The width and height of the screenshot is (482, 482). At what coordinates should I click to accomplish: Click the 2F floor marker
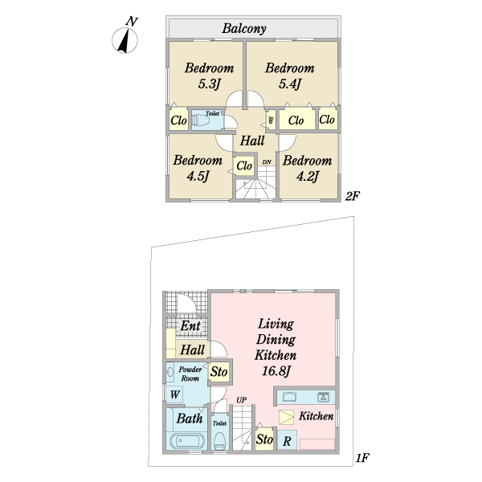click(351, 195)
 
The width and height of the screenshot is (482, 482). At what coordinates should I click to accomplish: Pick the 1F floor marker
click(361, 458)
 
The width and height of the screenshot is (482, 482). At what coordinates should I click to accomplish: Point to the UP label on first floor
click(241, 399)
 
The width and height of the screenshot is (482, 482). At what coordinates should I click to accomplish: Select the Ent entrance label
click(190, 327)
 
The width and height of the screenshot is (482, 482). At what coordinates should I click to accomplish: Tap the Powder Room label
click(190, 373)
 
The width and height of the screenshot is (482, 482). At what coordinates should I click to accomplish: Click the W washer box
click(174, 394)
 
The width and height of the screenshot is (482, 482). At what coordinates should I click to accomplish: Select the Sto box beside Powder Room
click(219, 373)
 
